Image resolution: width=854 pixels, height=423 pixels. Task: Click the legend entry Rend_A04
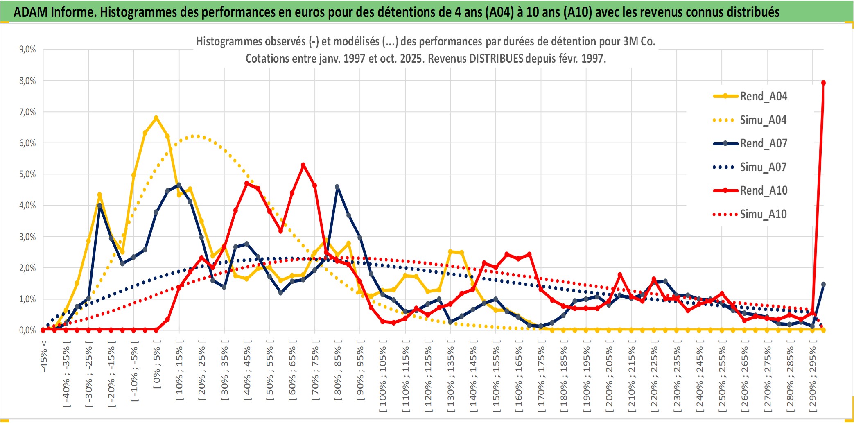pyautogui.click(x=763, y=96)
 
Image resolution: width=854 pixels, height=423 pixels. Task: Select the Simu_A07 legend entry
pyautogui.click(x=763, y=167)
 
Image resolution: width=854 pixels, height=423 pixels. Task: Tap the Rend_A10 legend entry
pyautogui.click(x=764, y=190)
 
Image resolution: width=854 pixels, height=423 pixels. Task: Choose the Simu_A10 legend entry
pyautogui.click(x=763, y=214)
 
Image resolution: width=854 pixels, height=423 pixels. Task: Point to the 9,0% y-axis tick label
pyautogui.click(x=27, y=50)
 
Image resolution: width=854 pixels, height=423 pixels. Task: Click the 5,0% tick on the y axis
pyautogui.click(x=27, y=174)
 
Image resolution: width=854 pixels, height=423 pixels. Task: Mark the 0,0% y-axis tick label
pyautogui.click(x=27, y=330)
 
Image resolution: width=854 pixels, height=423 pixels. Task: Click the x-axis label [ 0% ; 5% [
pyautogui.click(x=157, y=364)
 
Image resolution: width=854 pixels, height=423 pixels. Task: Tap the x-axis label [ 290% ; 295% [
pyautogui.click(x=813, y=377)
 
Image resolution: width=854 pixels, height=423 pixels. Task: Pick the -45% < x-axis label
pyautogui.click(x=44, y=356)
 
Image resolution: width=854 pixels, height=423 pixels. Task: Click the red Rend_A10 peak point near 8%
pyautogui.click(x=823, y=83)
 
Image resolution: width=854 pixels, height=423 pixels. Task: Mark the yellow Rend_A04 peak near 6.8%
pyautogui.click(x=156, y=118)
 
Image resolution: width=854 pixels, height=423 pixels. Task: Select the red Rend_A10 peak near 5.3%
pyautogui.click(x=303, y=165)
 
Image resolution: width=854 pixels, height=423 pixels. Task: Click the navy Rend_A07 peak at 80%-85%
pyautogui.click(x=337, y=187)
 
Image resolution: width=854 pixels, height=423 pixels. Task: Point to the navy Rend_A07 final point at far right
pyautogui.click(x=823, y=284)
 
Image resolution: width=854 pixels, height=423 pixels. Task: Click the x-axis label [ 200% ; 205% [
pyautogui.click(x=609, y=377)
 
